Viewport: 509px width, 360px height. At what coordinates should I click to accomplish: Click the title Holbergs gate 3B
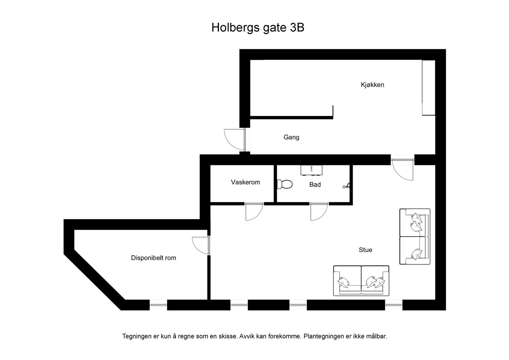coord(258,28)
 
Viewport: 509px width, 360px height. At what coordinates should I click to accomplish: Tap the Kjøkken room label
coord(372,85)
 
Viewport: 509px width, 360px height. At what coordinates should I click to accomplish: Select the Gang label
coord(291,137)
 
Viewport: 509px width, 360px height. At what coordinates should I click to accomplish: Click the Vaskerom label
coord(245,182)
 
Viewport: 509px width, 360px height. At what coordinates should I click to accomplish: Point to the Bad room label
coord(315,184)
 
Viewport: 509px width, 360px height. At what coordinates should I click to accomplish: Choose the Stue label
coord(365,250)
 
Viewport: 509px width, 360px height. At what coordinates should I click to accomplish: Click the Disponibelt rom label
coord(153,258)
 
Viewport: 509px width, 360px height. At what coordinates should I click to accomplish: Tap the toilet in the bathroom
coord(285,184)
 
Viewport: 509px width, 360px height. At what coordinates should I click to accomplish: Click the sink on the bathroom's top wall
coord(311,170)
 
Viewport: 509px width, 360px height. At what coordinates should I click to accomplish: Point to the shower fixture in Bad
coord(347,185)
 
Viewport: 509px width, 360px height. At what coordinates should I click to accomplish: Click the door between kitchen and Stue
coord(402,169)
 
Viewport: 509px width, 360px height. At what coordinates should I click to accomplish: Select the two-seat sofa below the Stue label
coord(361,280)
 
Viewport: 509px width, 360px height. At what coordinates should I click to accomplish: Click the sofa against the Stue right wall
coord(415,236)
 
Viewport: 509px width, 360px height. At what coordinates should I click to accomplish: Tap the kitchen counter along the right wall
coord(428,87)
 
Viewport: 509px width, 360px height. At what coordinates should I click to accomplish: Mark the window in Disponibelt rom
coord(158,305)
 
